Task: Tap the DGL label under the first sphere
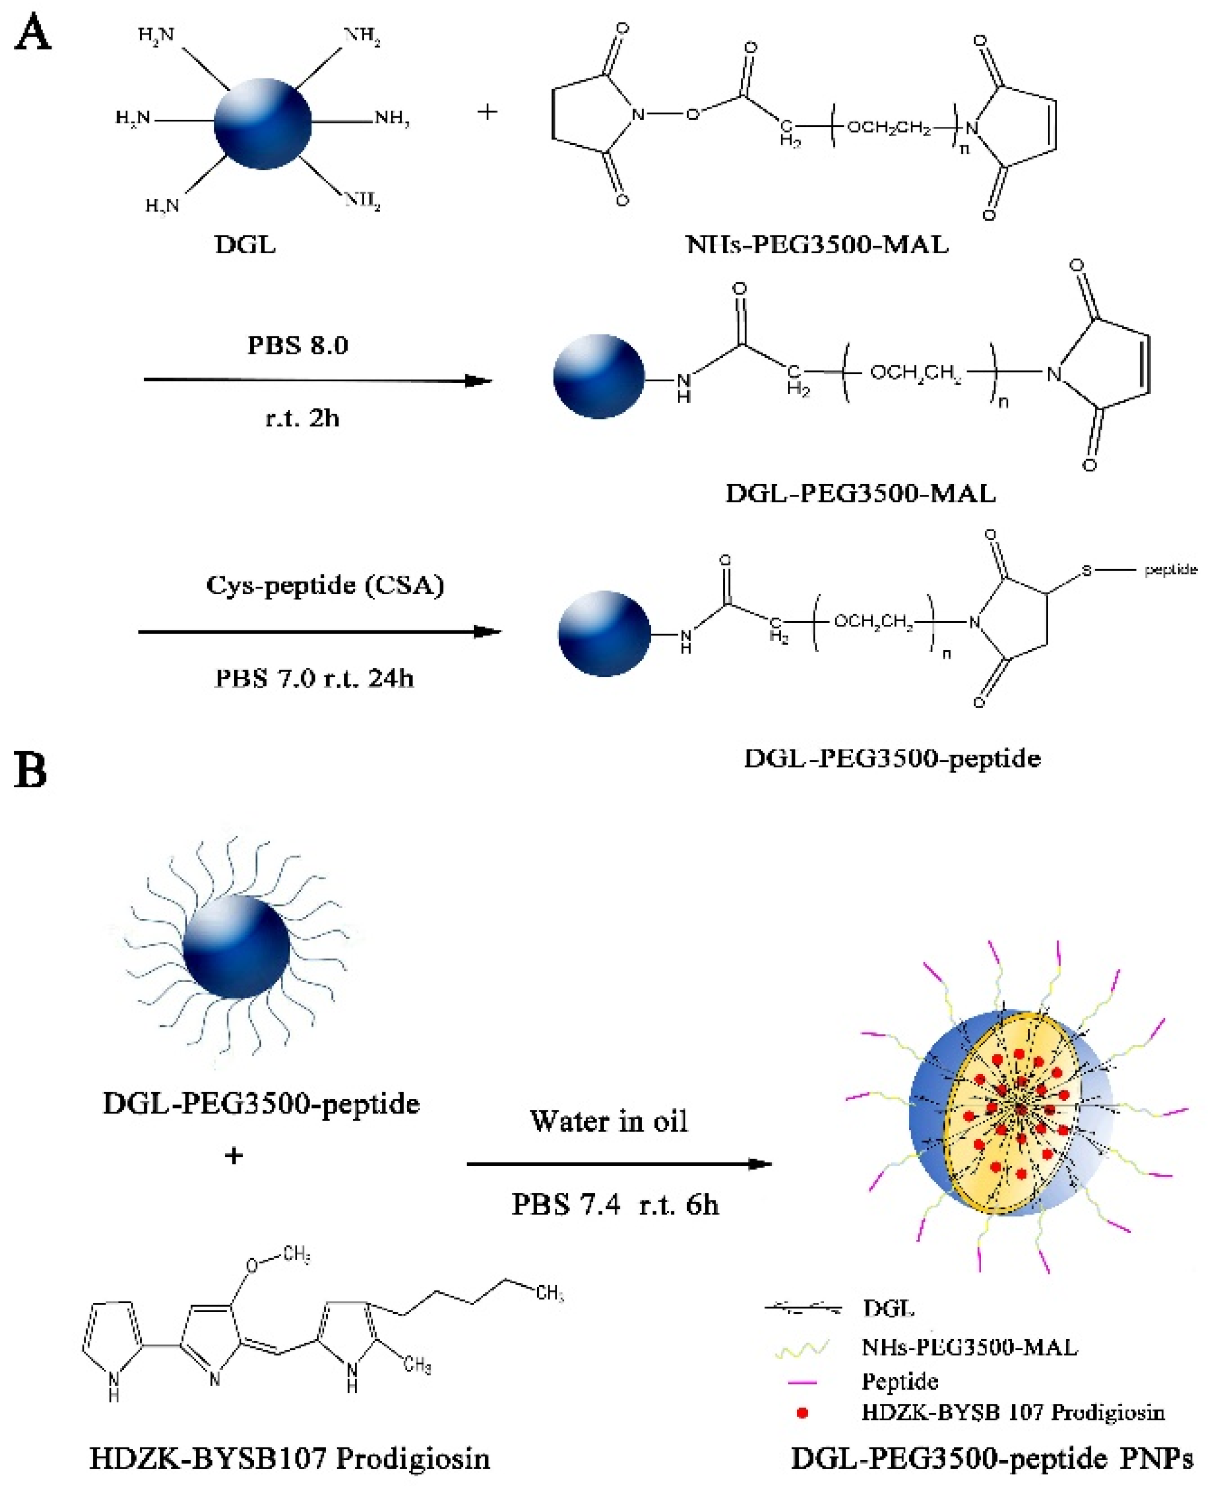[245, 245]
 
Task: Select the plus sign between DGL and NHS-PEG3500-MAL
[487, 111]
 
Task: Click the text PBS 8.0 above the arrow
[298, 345]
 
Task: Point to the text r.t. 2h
[302, 417]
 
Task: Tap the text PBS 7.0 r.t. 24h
[314, 678]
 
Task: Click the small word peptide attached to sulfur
[1170, 570]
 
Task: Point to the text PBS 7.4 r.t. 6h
[615, 1204]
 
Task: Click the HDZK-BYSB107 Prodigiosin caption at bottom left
[290, 1458]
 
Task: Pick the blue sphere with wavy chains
[237, 947]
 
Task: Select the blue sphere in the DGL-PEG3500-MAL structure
[598, 377]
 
